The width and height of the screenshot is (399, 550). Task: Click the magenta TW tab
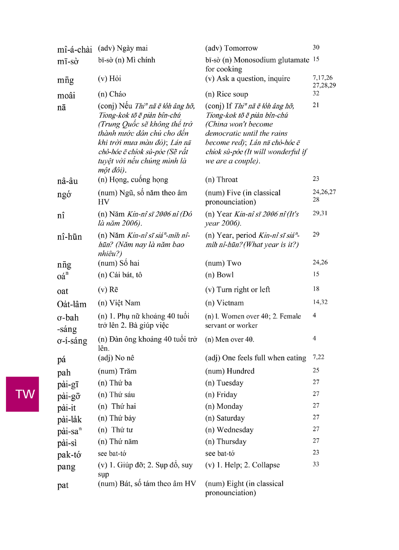pyautogui.click(x=23, y=394)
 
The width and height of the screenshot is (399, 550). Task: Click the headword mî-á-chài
pyautogui.click(x=74, y=50)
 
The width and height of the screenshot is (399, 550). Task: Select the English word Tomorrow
pyautogui.click(x=241, y=48)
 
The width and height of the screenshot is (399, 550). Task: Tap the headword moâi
pyautogui.click(x=66, y=96)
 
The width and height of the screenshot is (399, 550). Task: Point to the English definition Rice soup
pyautogui.click(x=232, y=94)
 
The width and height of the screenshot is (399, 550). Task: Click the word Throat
pyautogui.click(x=227, y=180)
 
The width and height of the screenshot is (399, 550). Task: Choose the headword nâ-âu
pyautogui.click(x=67, y=181)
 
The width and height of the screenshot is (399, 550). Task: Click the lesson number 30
pyautogui.click(x=316, y=48)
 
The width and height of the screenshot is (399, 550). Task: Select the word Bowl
pyautogui.click(x=225, y=275)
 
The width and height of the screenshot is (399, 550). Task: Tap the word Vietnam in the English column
pyautogui.click(x=230, y=303)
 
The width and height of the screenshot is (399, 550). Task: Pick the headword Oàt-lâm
pyautogui.click(x=71, y=304)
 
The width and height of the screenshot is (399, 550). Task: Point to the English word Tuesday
pyautogui.click(x=230, y=383)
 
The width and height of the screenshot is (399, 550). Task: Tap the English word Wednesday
pyautogui.click(x=235, y=430)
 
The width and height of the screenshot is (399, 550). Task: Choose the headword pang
pyautogui.click(x=66, y=467)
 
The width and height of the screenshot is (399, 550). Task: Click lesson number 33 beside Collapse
pyautogui.click(x=316, y=464)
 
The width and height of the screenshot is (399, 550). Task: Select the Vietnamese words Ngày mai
pyautogui.click(x=132, y=48)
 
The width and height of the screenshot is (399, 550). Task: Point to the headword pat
pyautogui.click(x=63, y=485)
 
